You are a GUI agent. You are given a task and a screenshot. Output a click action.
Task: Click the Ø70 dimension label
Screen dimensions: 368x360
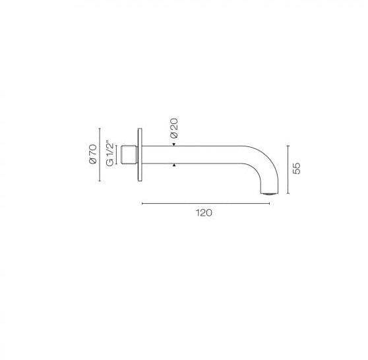click(x=93, y=154)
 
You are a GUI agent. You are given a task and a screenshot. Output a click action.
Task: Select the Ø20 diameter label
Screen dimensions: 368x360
click(x=174, y=128)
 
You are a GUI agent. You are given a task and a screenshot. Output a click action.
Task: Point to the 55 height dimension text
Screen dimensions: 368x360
click(x=297, y=168)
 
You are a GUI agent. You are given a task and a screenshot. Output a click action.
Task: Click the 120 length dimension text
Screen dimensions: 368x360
click(x=204, y=213)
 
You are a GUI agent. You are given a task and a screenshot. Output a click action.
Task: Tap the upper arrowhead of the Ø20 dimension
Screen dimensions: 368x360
click(x=174, y=144)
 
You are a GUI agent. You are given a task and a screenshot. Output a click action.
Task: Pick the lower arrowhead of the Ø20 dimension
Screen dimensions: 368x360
click(x=174, y=165)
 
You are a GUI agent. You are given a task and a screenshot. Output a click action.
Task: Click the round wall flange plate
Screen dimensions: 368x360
click(x=140, y=155)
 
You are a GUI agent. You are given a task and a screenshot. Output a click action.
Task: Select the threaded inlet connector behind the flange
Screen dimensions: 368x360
click(x=129, y=155)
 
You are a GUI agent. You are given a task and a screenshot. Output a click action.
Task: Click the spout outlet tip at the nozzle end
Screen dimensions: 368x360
click(x=270, y=193)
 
